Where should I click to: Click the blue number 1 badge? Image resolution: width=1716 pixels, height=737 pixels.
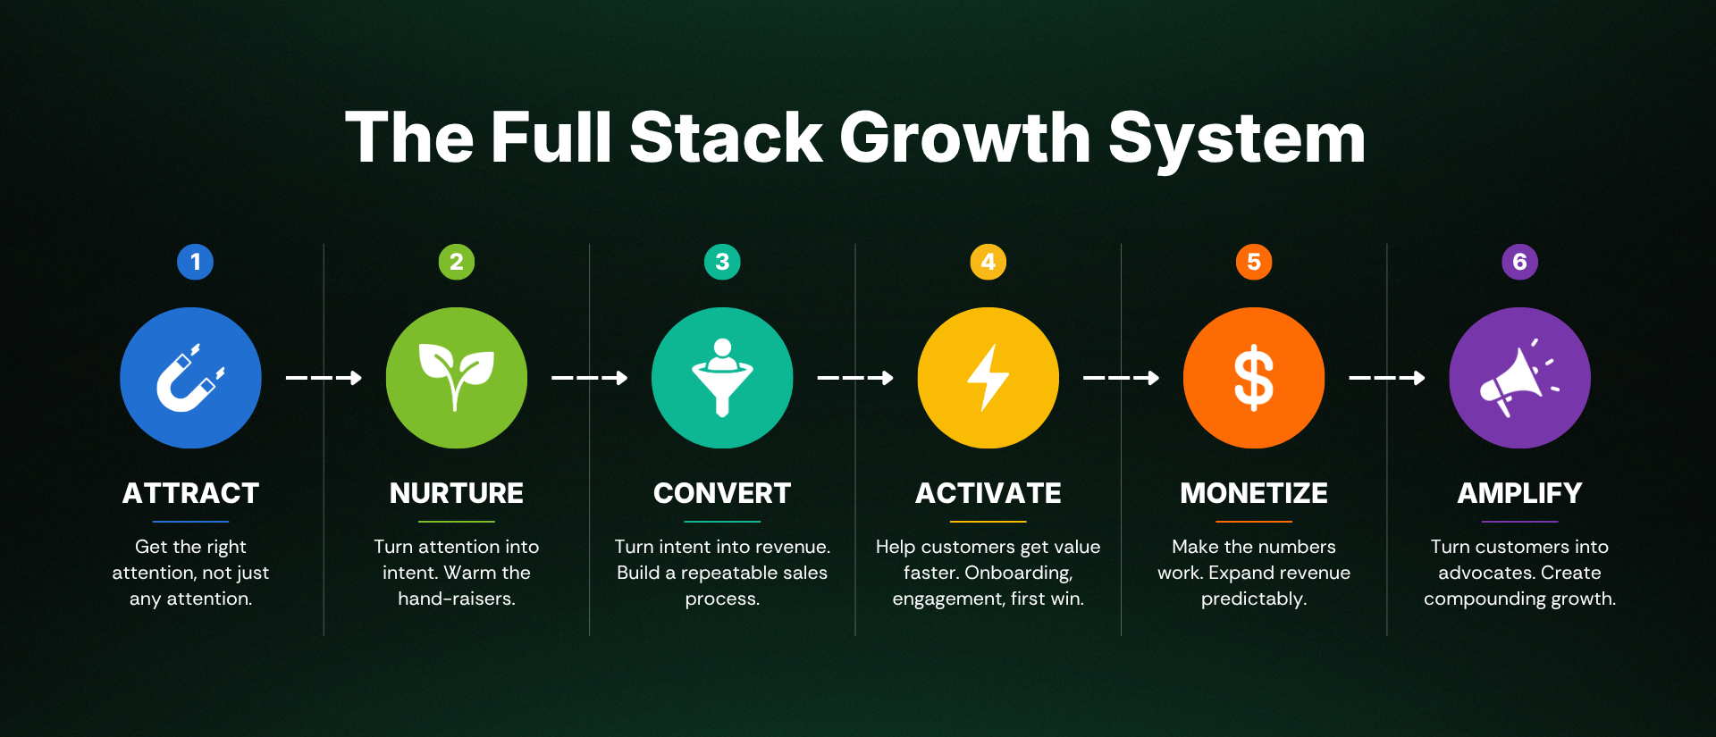pyautogui.click(x=195, y=262)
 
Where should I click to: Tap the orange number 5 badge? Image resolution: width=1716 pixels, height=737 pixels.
pyautogui.click(x=1254, y=262)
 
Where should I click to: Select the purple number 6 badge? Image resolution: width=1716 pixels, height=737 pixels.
pyautogui.click(x=1519, y=262)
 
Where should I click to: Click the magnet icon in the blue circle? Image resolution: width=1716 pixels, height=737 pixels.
pyautogui.click(x=190, y=379)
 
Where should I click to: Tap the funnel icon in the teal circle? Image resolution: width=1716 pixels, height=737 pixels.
pyautogui.click(x=722, y=377)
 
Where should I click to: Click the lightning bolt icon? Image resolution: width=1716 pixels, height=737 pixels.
pyautogui.click(x=988, y=378)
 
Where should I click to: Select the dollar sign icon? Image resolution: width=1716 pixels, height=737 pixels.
pyautogui.click(x=1254, y=378)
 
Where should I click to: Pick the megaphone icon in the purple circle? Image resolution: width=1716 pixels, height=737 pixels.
pyautogui.click(x=1518, y=377)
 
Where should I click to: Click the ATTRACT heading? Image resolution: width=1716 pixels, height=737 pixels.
pyautogui.click(x=190, y=493)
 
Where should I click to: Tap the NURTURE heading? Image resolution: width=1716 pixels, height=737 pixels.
pyautogui.click(x=457, y=493)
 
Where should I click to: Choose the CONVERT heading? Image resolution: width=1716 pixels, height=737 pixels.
pyautogui.click(x=722, y=493)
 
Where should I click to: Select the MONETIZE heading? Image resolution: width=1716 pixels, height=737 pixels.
pyautogui.click(x=1254, y=493)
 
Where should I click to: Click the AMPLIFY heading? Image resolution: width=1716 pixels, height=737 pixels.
pyautogui.click(x=1519, y=493)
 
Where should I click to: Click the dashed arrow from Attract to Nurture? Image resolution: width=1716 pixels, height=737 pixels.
pyautogui.click(x=324, y=378)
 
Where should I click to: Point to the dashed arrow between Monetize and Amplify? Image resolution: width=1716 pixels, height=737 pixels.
pyautogui.click(x=1387, y=378)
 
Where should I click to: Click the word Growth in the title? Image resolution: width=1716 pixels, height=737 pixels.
pyautogui.click(x=965, y=138)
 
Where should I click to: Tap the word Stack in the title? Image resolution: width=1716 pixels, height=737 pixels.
pyautogui.click(x=726, y=138)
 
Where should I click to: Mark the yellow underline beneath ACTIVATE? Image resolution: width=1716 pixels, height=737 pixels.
pyautogui.click(x=988, y=522)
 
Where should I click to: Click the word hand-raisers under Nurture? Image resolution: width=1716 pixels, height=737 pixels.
pyautogui.click(x=457, y=599)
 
